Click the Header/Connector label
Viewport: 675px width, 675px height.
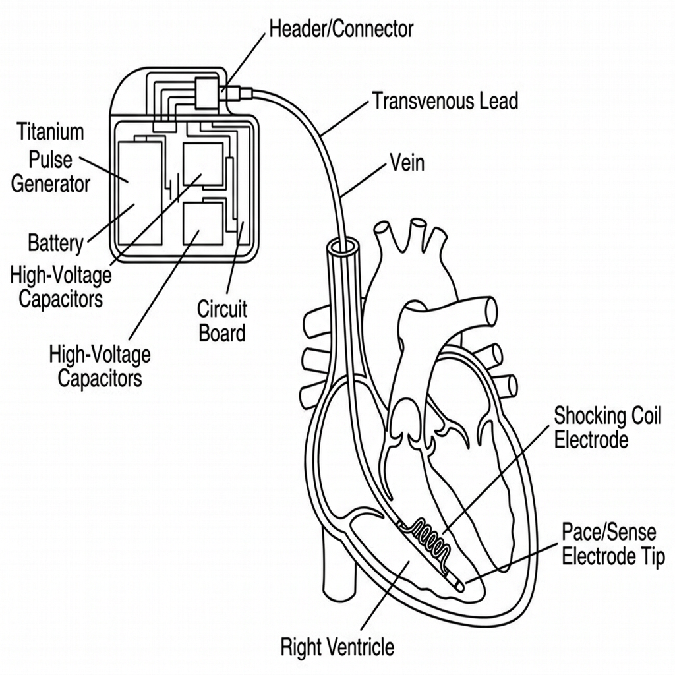[341, 29]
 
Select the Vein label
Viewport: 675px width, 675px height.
[407, 163]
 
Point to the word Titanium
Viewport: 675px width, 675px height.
[50, 131]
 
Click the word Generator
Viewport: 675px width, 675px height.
[50, 184]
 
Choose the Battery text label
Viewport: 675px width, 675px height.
[55, 243]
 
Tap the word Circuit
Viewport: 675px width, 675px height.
[222, 309]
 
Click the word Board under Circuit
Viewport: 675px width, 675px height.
[222, 333]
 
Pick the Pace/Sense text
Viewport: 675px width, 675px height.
[609, 532]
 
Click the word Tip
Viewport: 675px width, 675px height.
[653, 557]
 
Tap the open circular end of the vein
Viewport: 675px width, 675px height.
[343, 248]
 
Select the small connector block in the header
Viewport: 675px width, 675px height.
[206, 93]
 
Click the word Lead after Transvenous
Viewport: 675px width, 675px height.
[500, 101]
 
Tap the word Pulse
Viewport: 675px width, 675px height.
[50, 160]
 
